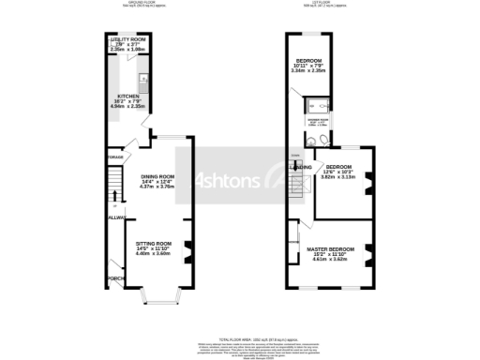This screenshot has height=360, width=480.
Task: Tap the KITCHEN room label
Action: tap(127, 96)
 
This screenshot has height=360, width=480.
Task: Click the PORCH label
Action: tap(115, 278)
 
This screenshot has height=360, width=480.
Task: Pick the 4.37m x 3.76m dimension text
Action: tap(157, 187)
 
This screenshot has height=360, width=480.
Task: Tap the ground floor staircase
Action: tap(113, 184)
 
